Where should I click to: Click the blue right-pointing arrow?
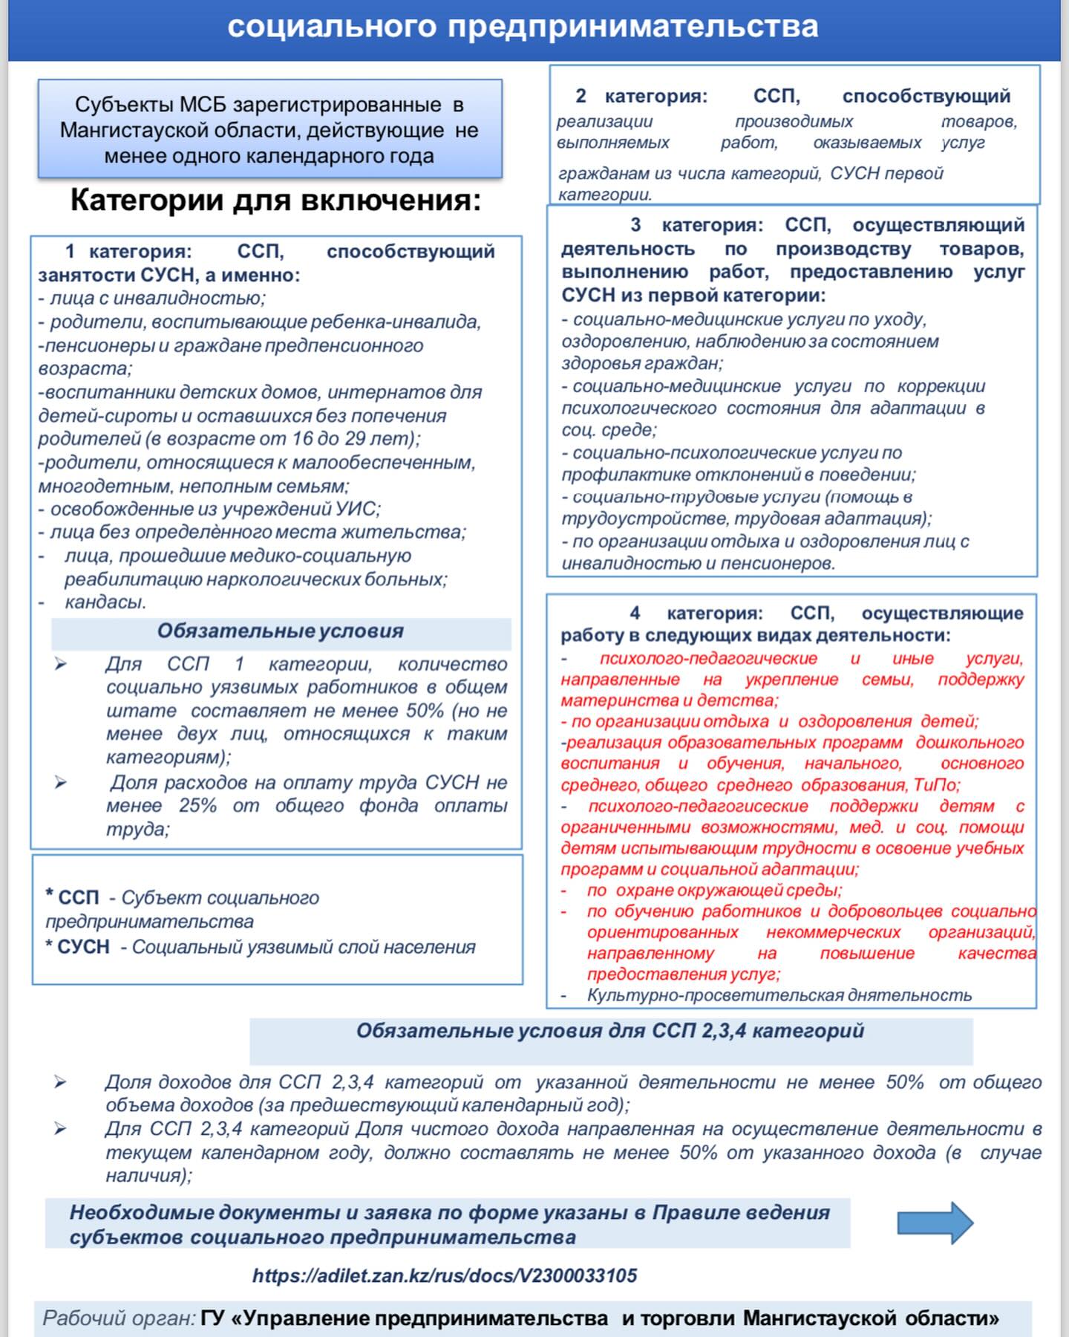pos(935,1223)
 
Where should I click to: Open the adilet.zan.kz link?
pos(444,1275)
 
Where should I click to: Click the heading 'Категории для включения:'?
pos(275,201)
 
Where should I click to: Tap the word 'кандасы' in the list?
pos(105,602)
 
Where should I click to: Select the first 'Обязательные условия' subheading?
pos(280,631)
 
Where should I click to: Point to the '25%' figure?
pos(197,806)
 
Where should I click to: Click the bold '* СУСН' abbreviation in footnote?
pos(77,947)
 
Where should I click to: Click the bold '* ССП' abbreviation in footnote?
pos(72,897)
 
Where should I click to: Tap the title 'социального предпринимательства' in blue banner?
pos(523,27)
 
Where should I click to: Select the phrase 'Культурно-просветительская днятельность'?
pos(779,995)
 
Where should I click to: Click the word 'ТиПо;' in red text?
pos(937,785)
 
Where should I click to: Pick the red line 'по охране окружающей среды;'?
pos(714,890)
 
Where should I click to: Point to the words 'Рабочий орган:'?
pos(119,1318)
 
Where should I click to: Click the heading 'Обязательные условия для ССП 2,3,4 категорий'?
pos(610,1031)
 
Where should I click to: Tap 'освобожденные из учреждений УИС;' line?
pos(215,510)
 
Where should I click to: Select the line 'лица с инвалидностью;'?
pos(157,299)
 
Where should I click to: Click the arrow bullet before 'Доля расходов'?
pos(60,782)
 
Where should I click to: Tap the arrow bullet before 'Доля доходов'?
pos(60,1083)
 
